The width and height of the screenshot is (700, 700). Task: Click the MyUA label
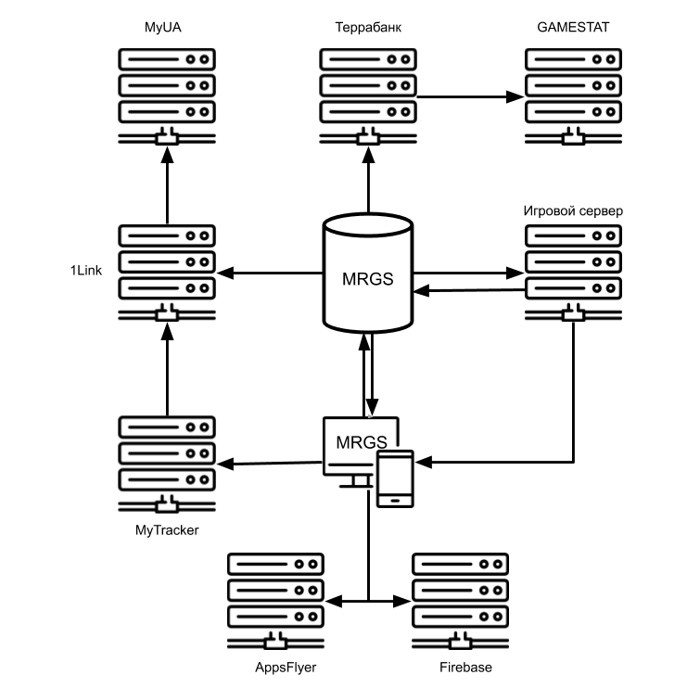pos(167,27)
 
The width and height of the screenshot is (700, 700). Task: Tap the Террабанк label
pos(368,27)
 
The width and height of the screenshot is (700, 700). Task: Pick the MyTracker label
pos(167,529)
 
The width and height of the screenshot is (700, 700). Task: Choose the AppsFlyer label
pos(277,668)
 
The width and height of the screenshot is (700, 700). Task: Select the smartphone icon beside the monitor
pos(395,478)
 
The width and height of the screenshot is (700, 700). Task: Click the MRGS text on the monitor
pos(361,441)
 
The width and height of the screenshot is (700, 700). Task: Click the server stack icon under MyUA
pos(167,93)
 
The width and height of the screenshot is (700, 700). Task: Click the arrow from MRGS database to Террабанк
pos(368,182)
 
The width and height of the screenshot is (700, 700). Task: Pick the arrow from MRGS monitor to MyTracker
pos(270,462)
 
